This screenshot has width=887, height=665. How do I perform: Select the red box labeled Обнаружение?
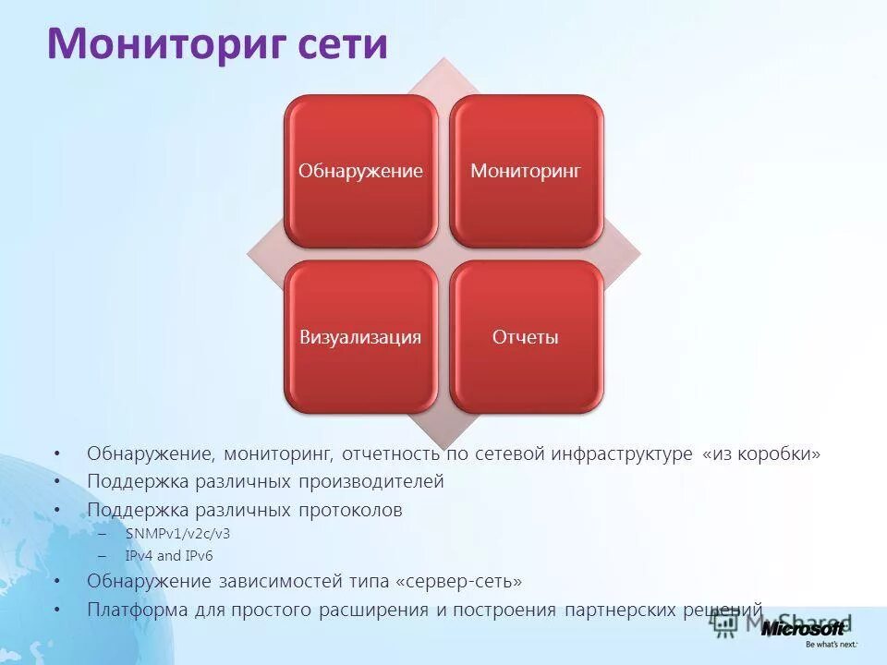[360, 171]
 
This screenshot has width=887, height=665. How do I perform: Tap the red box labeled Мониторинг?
[526, 171]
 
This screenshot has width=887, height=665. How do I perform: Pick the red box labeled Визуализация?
[360, 337]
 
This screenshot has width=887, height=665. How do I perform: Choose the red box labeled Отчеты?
[526, 337]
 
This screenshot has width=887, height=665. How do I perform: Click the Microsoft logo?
[803, 628]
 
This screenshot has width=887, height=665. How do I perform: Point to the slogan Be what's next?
[831, 645]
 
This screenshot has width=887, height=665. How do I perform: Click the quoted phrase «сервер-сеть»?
[458, 582]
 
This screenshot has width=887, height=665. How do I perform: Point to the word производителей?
[371, 482]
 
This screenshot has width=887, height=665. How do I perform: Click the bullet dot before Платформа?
[57, 610]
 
